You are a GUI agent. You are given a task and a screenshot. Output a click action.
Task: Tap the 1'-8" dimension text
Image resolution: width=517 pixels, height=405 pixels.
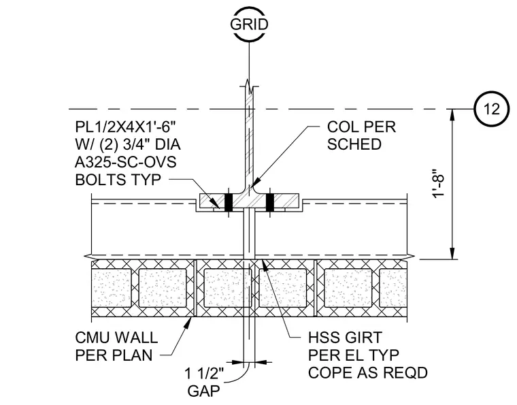pyautogui.click(x=439, y=184)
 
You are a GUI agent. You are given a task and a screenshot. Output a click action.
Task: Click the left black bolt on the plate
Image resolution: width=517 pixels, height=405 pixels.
pyautogui.click(x=229, y=202)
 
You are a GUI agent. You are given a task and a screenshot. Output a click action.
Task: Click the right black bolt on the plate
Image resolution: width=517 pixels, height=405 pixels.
pyautogui.click(x=269, y=202)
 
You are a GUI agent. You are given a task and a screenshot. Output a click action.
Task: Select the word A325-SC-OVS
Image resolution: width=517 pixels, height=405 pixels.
pyautogui.click(x=126, y=162)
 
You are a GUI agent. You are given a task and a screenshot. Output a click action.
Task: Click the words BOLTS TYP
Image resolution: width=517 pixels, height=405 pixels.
pyautogui.click(x=118, y=180)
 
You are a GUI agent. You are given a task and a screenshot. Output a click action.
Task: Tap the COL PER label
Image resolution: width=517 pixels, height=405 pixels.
pyautogui.click(x=361, y=127)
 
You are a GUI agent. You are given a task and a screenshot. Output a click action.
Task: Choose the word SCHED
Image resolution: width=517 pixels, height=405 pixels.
pyautogui.click(x=354, y=144)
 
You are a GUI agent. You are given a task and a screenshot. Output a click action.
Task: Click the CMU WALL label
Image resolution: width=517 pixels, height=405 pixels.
pyautogui.click(x=116, y=338)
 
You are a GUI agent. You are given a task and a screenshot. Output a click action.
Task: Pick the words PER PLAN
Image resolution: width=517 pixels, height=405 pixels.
pyautogui.click(x=114, y=355)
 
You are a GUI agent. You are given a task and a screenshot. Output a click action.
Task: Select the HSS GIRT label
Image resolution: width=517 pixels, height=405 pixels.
pyautogui.click(x=345, y=338)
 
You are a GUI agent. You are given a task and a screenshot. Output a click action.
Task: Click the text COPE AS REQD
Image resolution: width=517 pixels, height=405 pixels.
pyautogui.click(x=368, y=373)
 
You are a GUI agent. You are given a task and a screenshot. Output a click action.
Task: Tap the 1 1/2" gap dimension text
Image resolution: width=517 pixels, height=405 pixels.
pyautogui.click(x=204, y=374)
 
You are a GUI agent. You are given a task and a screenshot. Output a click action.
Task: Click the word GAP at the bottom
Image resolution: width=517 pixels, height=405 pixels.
pyautogui.click(x=203, y=391)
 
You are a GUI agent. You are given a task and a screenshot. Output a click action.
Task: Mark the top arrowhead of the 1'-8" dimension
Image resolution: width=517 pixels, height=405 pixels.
pyautogui.click(x=453, y=115)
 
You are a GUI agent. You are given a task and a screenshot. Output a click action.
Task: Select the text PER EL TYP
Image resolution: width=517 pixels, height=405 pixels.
pyautogui.click(x=354, y=355)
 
